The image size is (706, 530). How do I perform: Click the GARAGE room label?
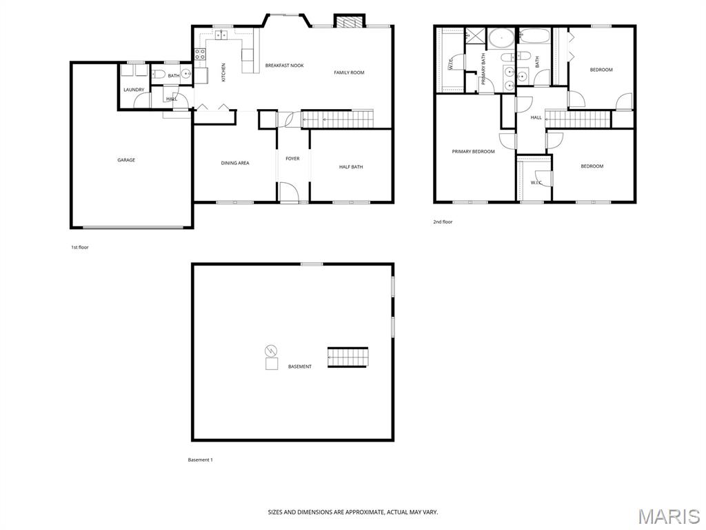[x=126, y=160]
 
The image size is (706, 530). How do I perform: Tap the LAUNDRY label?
[x=134, y=90]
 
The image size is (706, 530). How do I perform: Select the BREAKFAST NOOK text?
[x=285, y=66]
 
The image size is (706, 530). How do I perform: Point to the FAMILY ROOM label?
[x=349, y=72]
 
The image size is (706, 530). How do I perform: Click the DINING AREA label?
[x=235, y=163]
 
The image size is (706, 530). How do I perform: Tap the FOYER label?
[x=292, y=159]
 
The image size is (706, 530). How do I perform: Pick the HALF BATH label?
[x=351, y=167]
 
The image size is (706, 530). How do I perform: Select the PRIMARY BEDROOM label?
[x=473, y=151]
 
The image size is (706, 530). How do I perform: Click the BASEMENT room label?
[x=300, y=366]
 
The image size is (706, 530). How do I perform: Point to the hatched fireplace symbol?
[x=350, y=21]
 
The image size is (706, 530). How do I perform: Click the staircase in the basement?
[x=347, y=357]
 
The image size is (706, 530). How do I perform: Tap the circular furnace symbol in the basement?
[x=271, y=351]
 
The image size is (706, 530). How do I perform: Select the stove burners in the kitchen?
[x=201, y=55]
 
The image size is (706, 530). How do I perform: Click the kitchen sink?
[x=221, y=35]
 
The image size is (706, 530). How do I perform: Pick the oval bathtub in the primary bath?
[x=501, y=39]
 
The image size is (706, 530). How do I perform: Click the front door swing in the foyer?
[x=289, y=192]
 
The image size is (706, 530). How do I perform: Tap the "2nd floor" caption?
[x=443, y=222]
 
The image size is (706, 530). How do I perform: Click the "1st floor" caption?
[x=80, y=248]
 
